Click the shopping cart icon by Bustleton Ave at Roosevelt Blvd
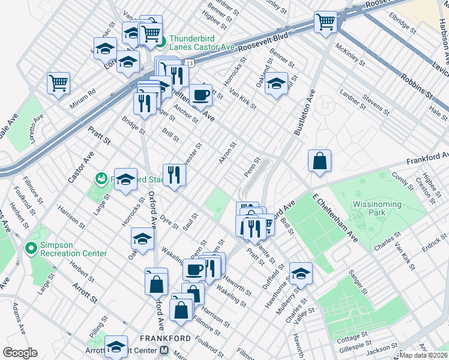[x=325, y=22]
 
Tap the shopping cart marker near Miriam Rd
[x=58, y=83]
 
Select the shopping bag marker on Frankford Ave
[x=319, y=161]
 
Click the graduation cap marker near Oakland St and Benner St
[x=277, y=83]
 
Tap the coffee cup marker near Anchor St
[x=200, y=95]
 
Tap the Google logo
[x=20, y=353]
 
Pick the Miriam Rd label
[x=83, y=95]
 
